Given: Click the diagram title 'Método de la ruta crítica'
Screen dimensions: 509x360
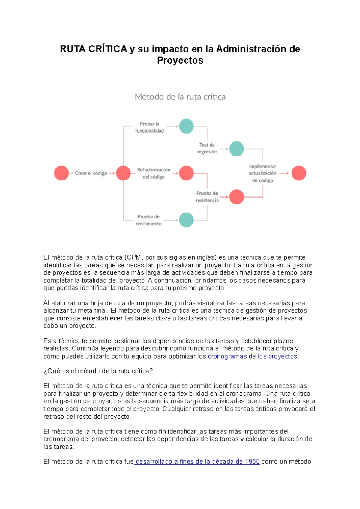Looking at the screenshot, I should pyautogui.click(x=180, y=97).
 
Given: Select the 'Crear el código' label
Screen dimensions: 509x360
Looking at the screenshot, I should pyautogui.click(x=91, y=173).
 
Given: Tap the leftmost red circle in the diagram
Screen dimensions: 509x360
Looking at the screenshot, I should pyautogui.click(x=61, y=173).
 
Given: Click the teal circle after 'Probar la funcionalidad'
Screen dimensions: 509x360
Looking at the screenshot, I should pyautogui.click(x=186, y=126).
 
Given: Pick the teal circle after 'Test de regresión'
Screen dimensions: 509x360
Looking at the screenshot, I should pyautogui.click(x=236, y=149).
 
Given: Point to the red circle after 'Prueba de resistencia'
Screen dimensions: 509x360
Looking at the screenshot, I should pyautogui.click(x=236, y=197).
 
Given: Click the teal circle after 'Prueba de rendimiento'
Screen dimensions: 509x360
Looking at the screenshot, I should pyautogui.click(x=186, y=220).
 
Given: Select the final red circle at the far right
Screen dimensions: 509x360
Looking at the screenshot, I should pyautogui.click(x=299, y=173).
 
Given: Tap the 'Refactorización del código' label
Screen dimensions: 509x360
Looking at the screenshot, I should pyautogui.click(x=154, y=173).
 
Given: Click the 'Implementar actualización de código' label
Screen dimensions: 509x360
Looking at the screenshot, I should pyautogui.click(x=262, y=173).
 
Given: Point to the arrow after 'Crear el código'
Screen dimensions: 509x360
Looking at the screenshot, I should pyautogui.click(x=112, y=173).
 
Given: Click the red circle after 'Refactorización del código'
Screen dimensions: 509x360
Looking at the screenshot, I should pyautogui.click(x=186, y=173).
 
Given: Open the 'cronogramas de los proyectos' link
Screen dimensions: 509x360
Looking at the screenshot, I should pyautogui.click(x=252, y=356).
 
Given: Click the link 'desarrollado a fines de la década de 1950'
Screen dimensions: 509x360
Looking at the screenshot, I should pyautogui.click(x=198, y=462).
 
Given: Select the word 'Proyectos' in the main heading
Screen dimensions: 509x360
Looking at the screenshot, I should pyautogui.click(x=180, y=60).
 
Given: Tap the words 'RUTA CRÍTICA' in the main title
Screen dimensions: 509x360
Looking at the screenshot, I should pyautogui.click(x=94, y=49).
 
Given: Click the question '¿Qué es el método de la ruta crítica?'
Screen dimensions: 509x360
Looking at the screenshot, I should pyautogui.click(x=98, y=371).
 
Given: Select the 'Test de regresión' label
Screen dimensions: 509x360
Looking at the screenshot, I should pyautogui.click(x=207, y=148).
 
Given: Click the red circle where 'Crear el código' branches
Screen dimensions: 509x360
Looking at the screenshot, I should pyautogui.click(x=123, y=173).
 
